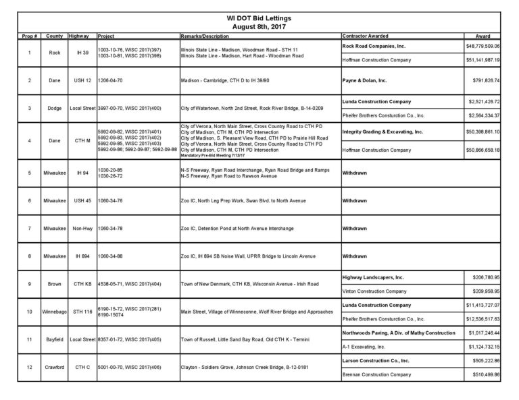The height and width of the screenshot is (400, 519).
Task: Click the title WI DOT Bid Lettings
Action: [259, 18]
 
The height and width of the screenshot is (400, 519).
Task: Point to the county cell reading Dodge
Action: [55, 108]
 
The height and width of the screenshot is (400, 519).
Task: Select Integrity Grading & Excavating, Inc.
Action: [382, 132]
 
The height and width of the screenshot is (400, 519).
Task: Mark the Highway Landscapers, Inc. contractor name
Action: [374, 277]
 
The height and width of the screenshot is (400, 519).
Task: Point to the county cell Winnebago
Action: [55, 312]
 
